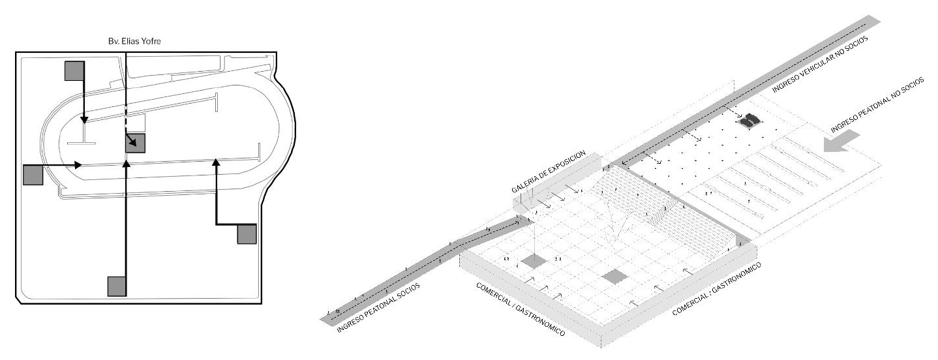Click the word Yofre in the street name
click(149, 41)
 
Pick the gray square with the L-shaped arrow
click(247, 234)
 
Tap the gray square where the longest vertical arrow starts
click(116, 286)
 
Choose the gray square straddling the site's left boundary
click(33, 175)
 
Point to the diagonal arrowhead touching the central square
click(133, 141)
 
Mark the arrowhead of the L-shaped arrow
click(216, 162)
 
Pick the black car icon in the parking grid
click(750, 119)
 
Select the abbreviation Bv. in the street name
click(113, 41)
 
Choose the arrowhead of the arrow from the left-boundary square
click(79, 165)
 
